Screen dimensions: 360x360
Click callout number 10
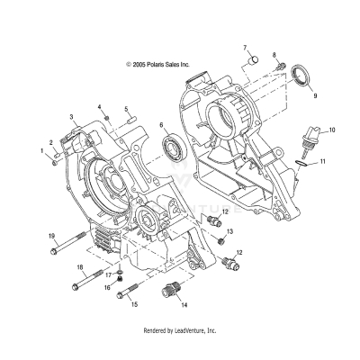[x=331, y=131]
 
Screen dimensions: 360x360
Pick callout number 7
[x=243, y=46]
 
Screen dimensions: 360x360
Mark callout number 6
[x=162, y=125]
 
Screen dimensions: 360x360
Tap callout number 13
[x=230, y=231]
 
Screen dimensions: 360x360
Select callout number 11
[x=325, y=160]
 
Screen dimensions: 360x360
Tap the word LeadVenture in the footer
[x=188, y=332]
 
